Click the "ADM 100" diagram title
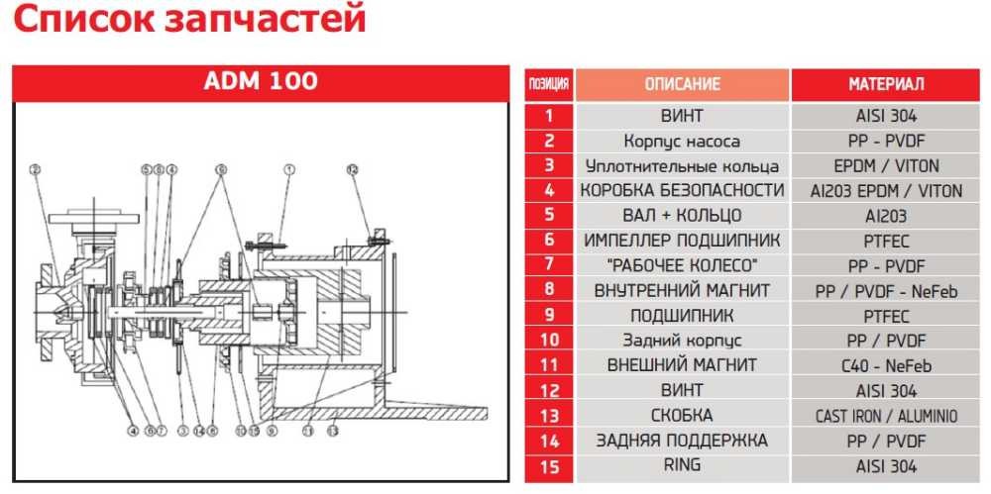point(261,81)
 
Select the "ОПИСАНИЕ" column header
point(683,84)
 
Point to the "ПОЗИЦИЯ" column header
point(549,84)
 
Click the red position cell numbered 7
point(549,265)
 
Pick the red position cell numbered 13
point(549,416)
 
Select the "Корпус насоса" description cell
point(683,141)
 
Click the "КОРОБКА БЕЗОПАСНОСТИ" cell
point(683,190)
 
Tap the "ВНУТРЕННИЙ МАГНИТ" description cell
point(683,291)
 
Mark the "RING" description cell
point(683,465)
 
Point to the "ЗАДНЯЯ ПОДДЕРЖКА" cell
point(683,441)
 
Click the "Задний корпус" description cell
point(683,341)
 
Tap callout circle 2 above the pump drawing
point(34,169)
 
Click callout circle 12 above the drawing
point(351,169)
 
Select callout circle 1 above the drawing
point(289,169)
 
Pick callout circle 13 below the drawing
point(333,431)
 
